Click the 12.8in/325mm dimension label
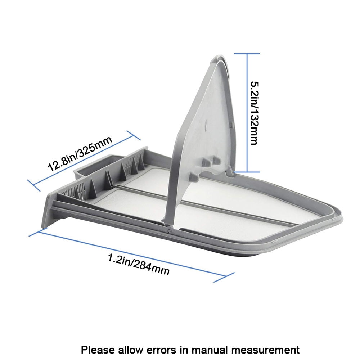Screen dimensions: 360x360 [x=80, y=153]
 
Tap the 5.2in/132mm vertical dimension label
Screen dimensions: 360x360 [x=255, y=113]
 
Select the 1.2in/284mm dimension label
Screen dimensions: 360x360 [x=139, y=264]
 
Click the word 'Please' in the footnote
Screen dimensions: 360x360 [x=98, y=350]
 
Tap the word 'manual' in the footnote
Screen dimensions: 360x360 [x=209, y=350]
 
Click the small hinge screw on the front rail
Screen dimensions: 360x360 [x=170, y=231]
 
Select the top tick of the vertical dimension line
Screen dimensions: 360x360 [x=247, y=54]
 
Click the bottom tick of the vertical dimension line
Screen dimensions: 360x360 [x=247, y=172]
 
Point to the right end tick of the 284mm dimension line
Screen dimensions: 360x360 [x=224, y=277]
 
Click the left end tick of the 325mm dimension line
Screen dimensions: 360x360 [x=34, y=185]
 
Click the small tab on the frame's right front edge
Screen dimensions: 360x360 [x=275, y=242]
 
